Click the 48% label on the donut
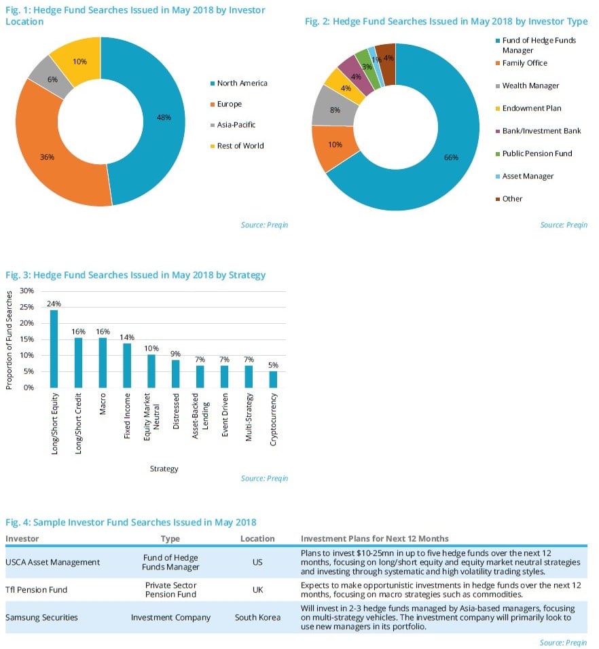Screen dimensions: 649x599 (x=163, y=117)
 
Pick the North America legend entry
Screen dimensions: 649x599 (x=242, y=83)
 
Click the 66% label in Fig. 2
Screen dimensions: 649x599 (x=452, y=157)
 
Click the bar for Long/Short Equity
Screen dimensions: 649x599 (x=54, y=348)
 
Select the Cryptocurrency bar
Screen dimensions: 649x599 (x=273, y=379)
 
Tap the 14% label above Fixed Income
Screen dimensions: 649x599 (x=127, y=337)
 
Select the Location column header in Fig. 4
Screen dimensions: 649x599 (x=257, y=538)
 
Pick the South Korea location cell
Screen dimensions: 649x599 (x=257, y=617)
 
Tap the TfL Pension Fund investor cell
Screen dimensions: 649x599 (x=37, y=589)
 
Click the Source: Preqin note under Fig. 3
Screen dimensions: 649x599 (x=264, y=479)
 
